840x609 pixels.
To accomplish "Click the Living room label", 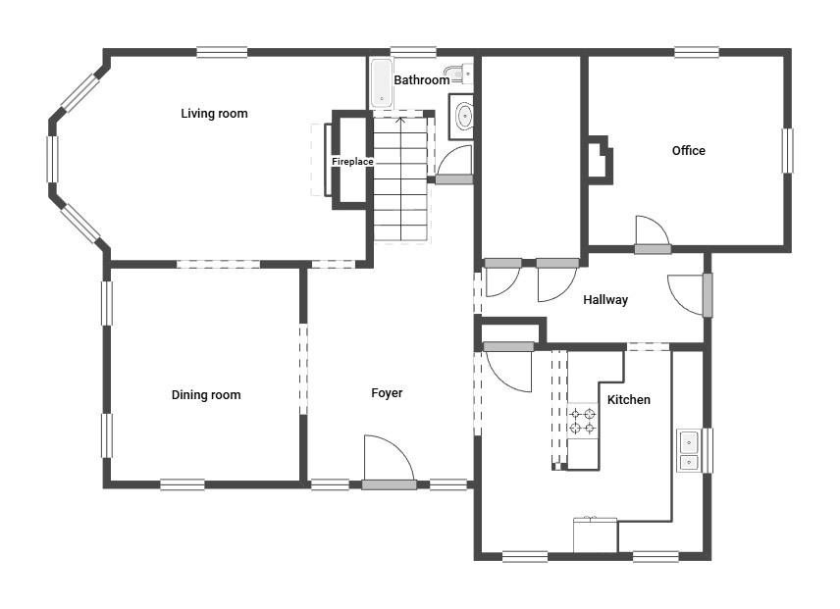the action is tap(214, 114).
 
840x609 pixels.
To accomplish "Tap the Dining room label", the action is tap(206, 395).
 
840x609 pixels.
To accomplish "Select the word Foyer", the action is tap(387, 393).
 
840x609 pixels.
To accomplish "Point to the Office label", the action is tap(689, 151).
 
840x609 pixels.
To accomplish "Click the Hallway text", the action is tap(605, 300).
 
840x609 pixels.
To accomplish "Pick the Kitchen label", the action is tap(629, 400).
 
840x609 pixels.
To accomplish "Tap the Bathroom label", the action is tap(422, 80).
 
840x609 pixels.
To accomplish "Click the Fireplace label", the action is tap(352, 162).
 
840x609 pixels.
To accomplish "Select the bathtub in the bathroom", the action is tap(382, 82).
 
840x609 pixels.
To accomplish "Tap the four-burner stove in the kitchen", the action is tap(582, 421).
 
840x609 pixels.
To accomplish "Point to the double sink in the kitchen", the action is tap(689, 450).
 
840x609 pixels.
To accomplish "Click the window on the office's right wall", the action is tap(787, 150).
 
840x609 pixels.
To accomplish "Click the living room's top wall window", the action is tap(222, 52).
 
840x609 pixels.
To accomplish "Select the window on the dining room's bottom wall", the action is tap(183, 484).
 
